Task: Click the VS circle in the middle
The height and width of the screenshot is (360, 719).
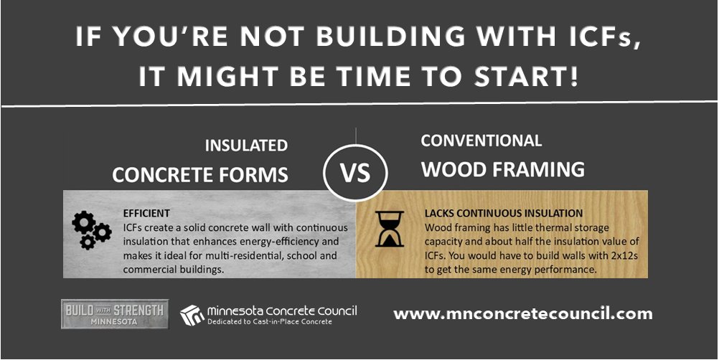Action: pos(355,172)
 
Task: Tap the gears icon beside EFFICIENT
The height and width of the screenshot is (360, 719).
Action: pos(91,230)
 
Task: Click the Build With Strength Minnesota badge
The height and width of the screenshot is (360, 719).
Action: pos(115,314)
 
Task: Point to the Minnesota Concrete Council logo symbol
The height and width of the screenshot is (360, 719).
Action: pos(192,314)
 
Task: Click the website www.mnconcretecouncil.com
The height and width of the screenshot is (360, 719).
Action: pos(523,313)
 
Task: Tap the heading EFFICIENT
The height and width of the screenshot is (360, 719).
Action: pos(146,213)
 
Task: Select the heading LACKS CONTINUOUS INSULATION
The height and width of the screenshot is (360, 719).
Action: pos(504,213)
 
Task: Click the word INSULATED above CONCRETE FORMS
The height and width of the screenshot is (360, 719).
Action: pos(246,146)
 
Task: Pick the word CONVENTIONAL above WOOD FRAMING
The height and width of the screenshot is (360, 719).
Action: pos(481,141)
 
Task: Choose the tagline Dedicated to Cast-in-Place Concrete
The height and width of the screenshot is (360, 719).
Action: pos(270,322)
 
